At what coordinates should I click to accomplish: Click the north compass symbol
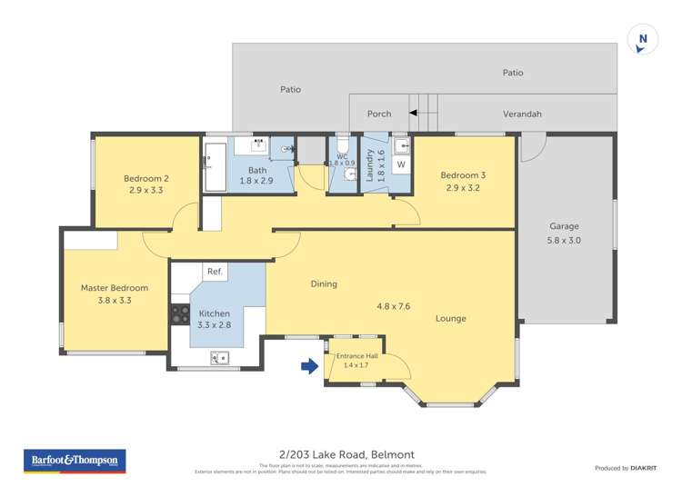coord(643,39)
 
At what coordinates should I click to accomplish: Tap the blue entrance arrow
coord(309,366)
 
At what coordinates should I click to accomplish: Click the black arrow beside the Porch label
coord(413,114)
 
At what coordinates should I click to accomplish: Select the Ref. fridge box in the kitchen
coord(216,272)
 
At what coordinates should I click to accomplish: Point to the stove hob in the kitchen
coord(179,314)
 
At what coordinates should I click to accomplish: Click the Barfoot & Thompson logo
coord(75,462)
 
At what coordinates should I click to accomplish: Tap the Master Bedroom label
coord(115,288)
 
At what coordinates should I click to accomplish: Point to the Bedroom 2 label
coord(145,178)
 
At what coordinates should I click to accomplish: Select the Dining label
coord(324,283)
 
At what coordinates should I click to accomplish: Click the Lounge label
coord(451,318)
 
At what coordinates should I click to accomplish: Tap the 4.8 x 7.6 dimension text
coord(393,306)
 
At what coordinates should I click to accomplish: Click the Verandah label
coord(522,114)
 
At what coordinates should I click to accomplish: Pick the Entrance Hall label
coord(356,355)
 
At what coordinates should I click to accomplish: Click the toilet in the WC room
coord(342,148)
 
